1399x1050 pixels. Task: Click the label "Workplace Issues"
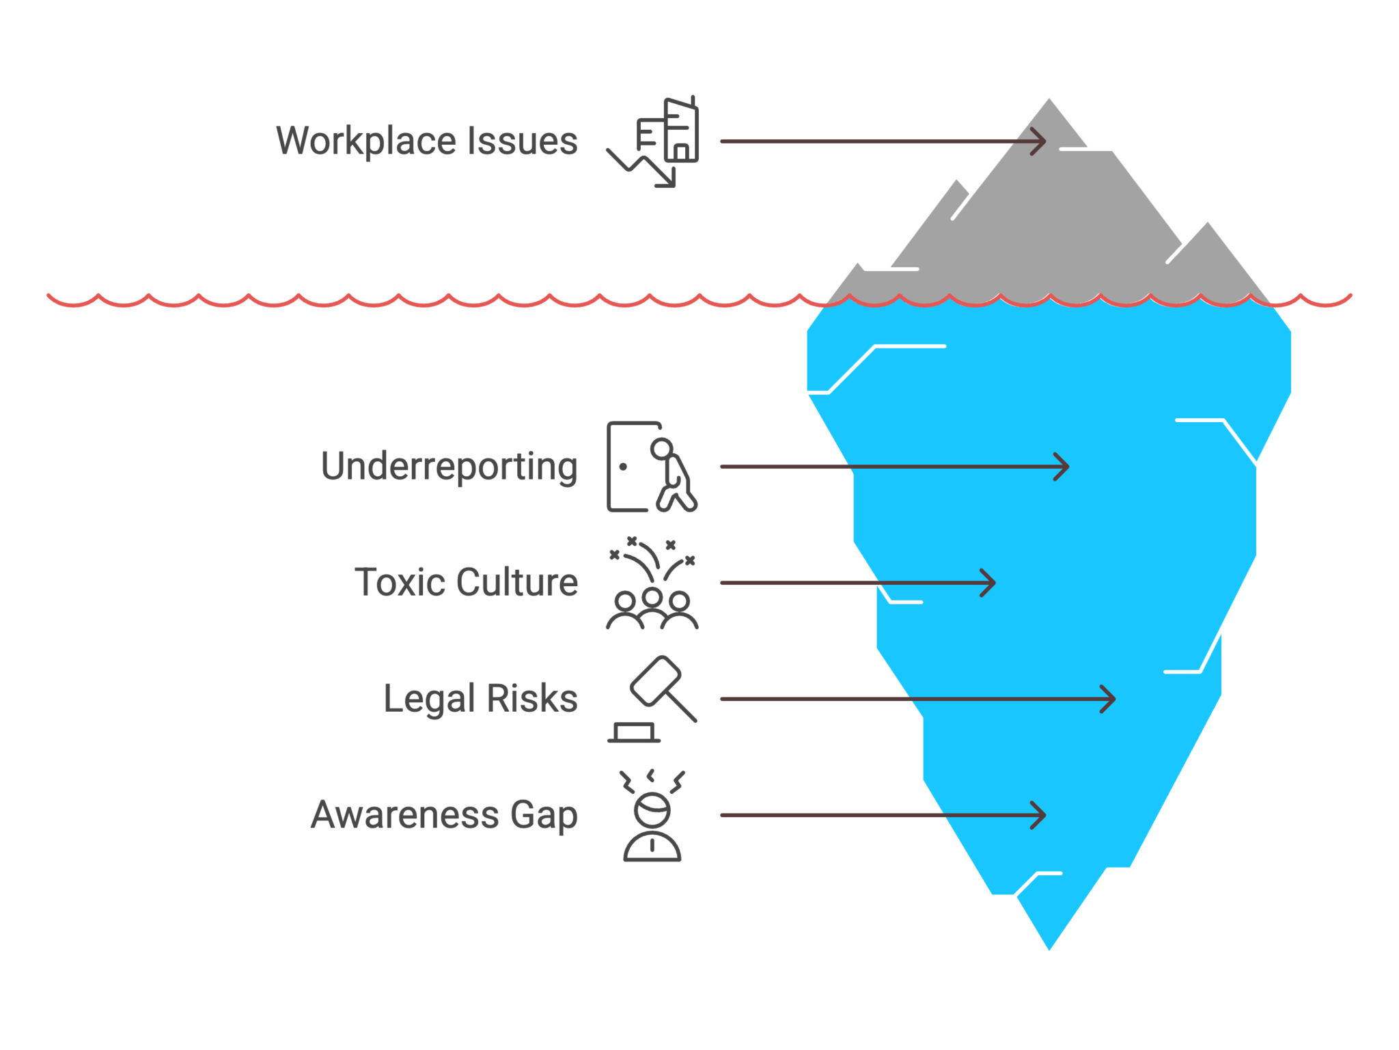427,141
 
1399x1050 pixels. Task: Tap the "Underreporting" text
449,467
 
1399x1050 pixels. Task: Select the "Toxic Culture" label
467,582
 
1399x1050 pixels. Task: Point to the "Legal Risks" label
481,699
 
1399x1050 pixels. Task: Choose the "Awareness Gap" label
445,815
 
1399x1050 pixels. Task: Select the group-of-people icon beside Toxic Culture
652,583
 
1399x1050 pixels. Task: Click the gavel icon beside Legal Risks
652,699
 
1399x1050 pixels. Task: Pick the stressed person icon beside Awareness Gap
652,816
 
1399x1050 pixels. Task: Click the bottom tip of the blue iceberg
1049,950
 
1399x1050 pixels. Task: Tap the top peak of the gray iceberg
1049,100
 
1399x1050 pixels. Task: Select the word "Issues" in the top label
523,141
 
